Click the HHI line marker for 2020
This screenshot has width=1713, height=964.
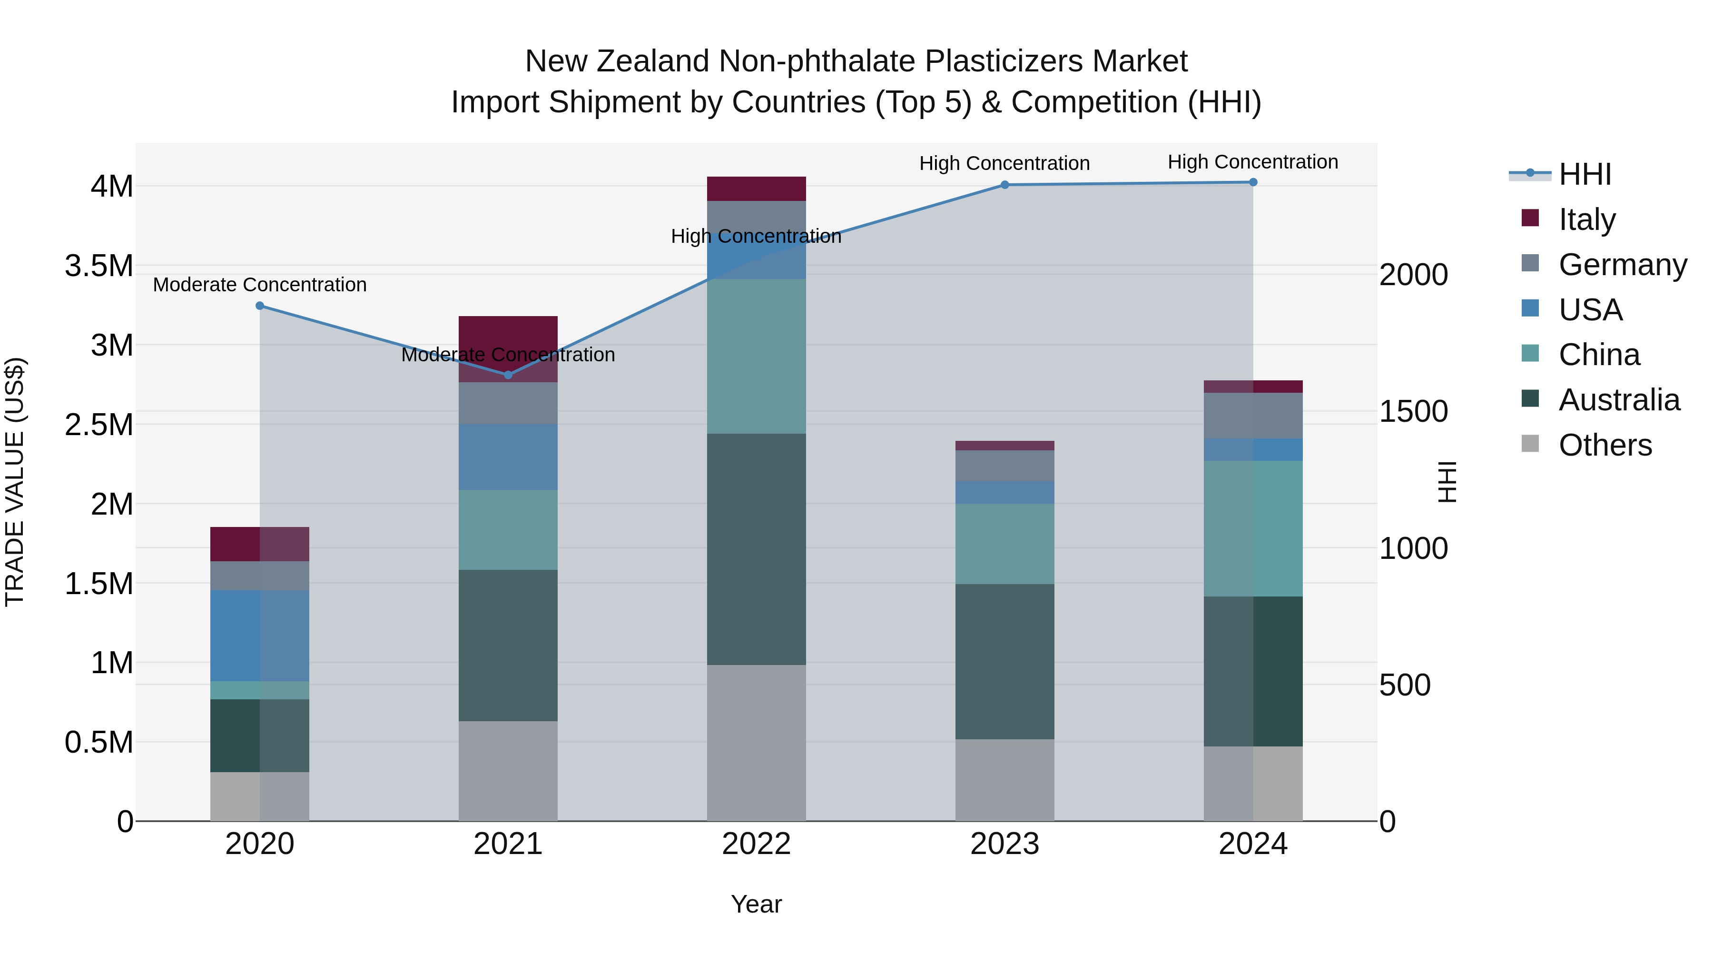pyautogui.click(x=260, y=306)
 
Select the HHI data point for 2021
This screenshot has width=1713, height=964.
pyautogui.click(x=508, y=375)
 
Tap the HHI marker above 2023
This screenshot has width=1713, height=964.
pyautogui.click(x=1005, y=185)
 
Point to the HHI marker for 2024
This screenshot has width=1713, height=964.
pyautogui.click(x=1253, y=182)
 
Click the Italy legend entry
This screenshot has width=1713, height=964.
pyautogui.click(x=1586, y=219)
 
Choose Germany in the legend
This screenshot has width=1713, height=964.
pyautogui.click(x=1622, y=265)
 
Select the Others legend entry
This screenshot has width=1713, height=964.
pyautogui.click(x=1605, y=445)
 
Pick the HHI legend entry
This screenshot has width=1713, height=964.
pyautogui.click(x=1585, y=174)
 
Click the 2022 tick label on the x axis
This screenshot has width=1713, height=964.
pyautogui.click(x=756, y=844)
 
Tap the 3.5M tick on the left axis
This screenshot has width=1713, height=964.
pyautogui.click(x=99, y=266)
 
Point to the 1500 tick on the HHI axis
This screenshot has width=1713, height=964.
pyautogui.click(x=1413, y=412)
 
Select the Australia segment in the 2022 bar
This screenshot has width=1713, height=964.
pyautogui.click(x=756, y=549)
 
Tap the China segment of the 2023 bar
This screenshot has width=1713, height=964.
pyautogui.click(x=1005, y=544)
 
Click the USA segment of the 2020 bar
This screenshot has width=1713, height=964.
pyautogui.click(x=260, y=636)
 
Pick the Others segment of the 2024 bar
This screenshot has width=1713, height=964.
pyautogui.click(x=1253, y=783)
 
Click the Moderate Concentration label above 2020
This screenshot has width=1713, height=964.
pyautogui.click(x=260, y=285)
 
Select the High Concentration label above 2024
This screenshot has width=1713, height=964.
pyautogui.click(x=1253, y=162)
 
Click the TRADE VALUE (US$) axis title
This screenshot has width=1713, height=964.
pyautogui.click(x=15, y=482)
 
